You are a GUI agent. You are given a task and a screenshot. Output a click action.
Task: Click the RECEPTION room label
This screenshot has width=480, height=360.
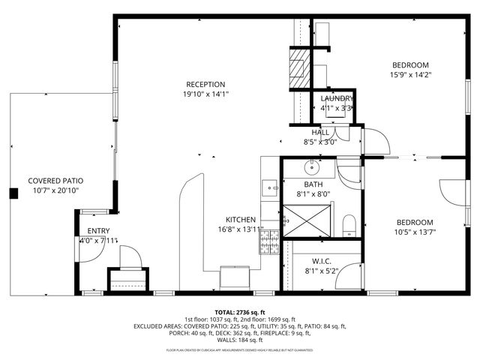point(205,84)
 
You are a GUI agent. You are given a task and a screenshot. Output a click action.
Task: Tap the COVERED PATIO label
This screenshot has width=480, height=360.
point(55,181)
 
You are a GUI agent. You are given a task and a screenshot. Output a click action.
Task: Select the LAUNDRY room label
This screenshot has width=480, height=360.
point(337,99)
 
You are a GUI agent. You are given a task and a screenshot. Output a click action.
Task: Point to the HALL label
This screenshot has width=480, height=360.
point(319,132)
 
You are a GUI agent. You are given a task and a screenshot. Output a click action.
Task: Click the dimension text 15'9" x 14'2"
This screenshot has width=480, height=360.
point(410,74)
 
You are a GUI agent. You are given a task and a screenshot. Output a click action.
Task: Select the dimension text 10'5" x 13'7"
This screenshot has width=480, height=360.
point(415,232)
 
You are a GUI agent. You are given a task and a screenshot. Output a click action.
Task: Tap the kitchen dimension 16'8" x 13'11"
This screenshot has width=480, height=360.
point(241,229)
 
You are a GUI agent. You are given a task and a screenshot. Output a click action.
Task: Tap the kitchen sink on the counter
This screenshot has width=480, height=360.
point(270,187)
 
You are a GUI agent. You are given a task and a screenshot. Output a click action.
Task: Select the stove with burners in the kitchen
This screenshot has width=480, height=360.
point(269,242)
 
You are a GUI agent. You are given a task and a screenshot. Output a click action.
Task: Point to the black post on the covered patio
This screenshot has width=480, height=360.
point(13,193)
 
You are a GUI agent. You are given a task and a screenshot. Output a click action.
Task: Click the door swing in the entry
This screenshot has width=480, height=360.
point(88,250)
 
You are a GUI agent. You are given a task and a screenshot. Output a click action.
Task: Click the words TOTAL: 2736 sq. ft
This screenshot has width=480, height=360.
point(240,312)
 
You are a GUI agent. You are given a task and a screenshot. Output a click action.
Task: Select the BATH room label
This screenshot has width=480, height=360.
point(313,184)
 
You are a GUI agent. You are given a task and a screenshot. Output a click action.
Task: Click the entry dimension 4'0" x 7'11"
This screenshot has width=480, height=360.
point(98,241)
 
